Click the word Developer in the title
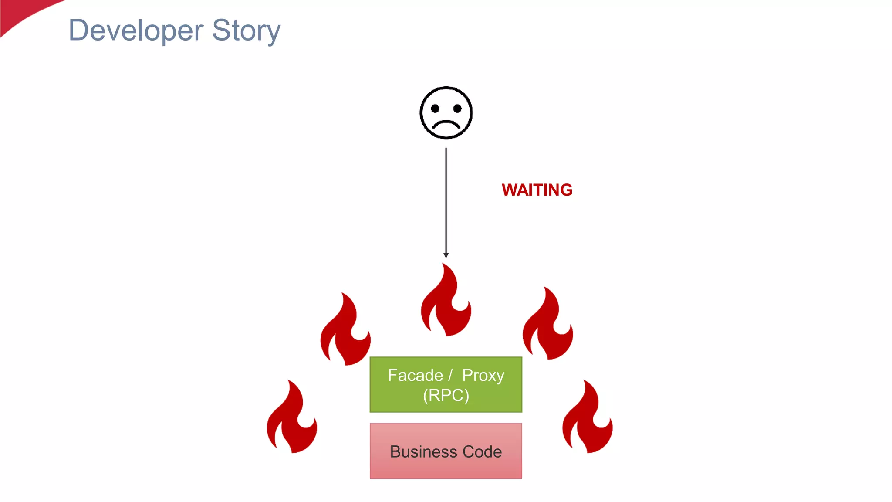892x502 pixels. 136,31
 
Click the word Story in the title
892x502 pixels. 246,31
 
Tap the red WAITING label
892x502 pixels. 537,190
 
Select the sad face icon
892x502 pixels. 446,113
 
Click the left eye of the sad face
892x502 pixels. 435,109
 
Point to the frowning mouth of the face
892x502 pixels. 446,125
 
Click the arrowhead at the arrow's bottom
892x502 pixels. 446,255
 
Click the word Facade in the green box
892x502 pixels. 415,375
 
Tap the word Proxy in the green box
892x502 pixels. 483,375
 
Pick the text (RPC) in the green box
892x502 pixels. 446,395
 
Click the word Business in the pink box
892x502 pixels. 417,451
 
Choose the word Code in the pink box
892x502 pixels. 482,451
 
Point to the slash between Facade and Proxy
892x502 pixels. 450,375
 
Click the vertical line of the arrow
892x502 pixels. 446,200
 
